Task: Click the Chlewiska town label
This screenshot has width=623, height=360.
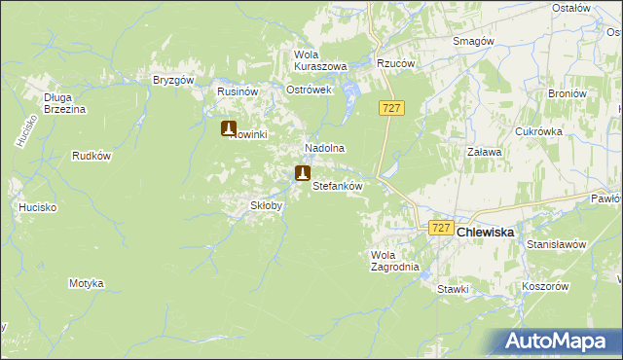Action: pyautogui.click(x=486, y=233)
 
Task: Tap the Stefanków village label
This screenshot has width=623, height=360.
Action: pyautogui.click(x=337, y=185)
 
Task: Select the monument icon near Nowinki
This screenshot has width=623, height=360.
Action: pyautogui.click(x=229, y=127)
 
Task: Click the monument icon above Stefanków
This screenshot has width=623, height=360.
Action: pyautogui.click(x=303, y=173)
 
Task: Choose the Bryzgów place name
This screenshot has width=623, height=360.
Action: pyautogui.click(x=175, y=80)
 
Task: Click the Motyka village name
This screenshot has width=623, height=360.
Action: pyautogui.click(x=86, y=283)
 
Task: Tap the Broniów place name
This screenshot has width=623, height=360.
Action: pyautogui.click(x=567, y=94)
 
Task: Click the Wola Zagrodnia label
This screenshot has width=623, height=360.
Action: pyautogui.click(x=394, y=261)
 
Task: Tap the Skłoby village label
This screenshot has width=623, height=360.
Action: pyautogui.click(x=267, y=206)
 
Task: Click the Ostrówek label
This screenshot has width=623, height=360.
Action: pyautogui.click(x=310, y=90)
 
